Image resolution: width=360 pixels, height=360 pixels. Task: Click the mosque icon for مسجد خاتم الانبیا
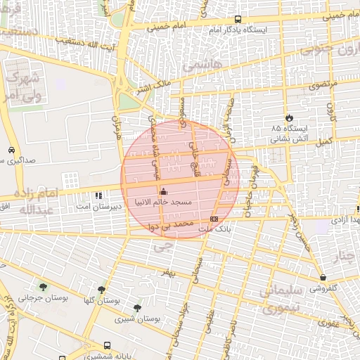pos(164,191)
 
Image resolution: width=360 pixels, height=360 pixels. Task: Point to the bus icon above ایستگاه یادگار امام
pos(238,20)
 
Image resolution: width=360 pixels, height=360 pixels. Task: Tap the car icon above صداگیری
pos(11,150)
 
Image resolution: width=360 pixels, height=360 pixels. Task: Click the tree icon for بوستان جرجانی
pos(44,287)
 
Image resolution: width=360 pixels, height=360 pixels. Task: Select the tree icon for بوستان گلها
pos(102,289)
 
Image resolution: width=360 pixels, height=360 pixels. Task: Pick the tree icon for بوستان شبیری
pos(137,307)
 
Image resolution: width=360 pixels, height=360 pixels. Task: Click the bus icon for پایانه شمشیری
pos(107,345)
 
